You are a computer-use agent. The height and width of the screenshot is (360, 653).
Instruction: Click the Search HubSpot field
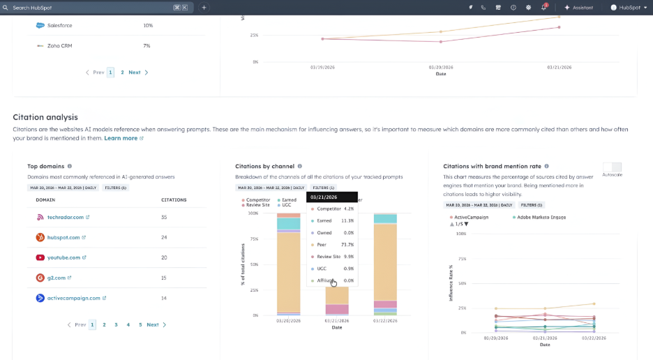[91, 8]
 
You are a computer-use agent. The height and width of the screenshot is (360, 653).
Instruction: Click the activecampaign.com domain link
[74, 298]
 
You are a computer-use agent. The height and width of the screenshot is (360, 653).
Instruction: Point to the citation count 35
[165, 218]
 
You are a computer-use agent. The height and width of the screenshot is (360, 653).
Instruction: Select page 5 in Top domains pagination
[140, 324]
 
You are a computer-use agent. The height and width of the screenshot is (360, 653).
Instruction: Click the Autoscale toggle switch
[612, 167]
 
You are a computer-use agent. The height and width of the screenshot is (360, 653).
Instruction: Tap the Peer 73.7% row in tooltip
[331, 245]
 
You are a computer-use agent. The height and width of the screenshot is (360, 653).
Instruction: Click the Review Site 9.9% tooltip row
[331, 257]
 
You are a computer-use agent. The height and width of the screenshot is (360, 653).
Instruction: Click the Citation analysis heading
[45, 117]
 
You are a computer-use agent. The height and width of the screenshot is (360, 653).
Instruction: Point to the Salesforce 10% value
[148, 26]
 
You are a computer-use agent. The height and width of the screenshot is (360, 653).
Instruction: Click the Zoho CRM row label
[59, 45]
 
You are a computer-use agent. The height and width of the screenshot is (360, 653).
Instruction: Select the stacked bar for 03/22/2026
[385, 265]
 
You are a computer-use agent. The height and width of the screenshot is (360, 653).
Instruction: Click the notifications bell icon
[543, 8]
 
